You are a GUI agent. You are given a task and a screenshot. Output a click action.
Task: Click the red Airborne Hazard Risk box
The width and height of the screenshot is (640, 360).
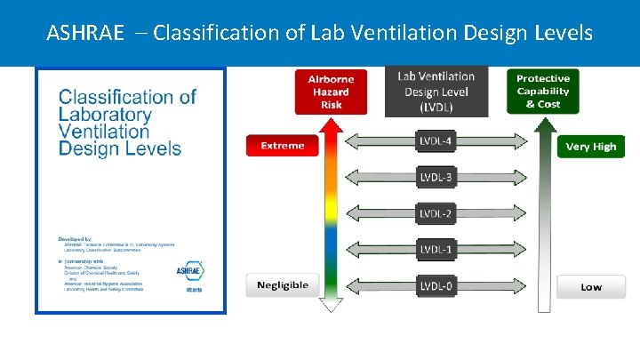tap(331, 91)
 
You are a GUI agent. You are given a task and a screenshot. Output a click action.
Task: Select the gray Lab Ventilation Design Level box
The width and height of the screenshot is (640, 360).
tap(436, 91)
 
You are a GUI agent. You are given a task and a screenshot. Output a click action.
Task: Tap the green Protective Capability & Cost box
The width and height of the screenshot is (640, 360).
tap(542, 91)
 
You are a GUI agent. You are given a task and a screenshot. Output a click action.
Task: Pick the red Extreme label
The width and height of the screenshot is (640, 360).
tap(282, 145)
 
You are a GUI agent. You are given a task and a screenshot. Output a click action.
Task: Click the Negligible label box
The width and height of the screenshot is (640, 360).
tap(282, 285)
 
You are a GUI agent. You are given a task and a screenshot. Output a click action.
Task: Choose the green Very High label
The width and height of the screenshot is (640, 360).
tap(591, 146)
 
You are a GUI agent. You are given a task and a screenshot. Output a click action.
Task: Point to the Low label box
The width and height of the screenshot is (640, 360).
tap(591, 286)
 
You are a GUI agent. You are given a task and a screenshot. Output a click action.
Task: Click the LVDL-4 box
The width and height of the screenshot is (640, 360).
tap(436, 140)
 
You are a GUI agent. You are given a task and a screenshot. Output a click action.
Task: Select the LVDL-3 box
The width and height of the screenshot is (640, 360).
tap(436, 177)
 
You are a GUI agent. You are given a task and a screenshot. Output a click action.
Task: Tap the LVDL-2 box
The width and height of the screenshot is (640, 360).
tap(436, 213)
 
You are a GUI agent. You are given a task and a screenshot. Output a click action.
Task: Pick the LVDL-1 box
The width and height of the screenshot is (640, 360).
tap(436, 250)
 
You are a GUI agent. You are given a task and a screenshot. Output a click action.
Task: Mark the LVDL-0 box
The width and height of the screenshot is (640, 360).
tap(436, 286)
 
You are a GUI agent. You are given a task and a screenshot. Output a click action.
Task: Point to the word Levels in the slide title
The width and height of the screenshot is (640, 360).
tap(562, 34)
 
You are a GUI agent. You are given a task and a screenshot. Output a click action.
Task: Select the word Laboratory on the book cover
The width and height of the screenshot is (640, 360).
tap(105, 114)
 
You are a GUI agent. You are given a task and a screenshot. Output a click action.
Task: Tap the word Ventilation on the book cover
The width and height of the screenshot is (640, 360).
tap(106, 131)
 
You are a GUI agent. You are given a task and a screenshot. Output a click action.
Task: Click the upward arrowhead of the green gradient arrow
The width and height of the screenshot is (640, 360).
tap(542, 124)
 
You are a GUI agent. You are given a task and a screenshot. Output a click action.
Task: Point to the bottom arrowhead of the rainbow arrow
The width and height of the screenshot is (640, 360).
tap(331, 305)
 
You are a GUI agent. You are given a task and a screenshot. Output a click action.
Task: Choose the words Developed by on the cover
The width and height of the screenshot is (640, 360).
tap(76, 239)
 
